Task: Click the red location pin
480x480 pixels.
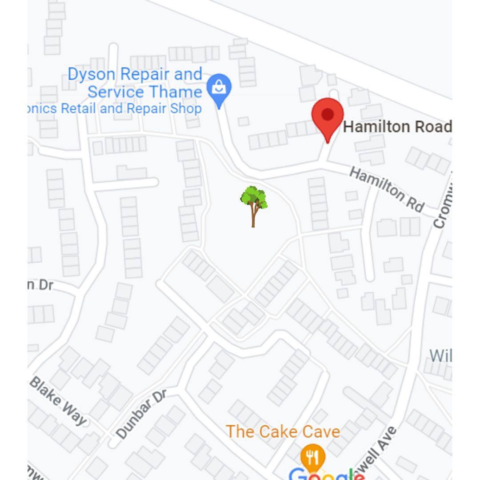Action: click(328, 116)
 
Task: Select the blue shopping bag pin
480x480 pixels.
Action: click(219, 89)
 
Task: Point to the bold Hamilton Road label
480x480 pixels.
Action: click(397, 127)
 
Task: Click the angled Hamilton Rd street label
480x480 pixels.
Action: click(387, 189)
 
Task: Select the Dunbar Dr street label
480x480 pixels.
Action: click(141, 414)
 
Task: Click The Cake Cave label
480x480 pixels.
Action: click(283, 432)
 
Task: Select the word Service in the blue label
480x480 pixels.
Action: click(116, 92)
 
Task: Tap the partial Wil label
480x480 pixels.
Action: click(440, 356)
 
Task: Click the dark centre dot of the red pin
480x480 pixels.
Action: click(328, 114)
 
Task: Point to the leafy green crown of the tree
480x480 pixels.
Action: click(254, 197)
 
